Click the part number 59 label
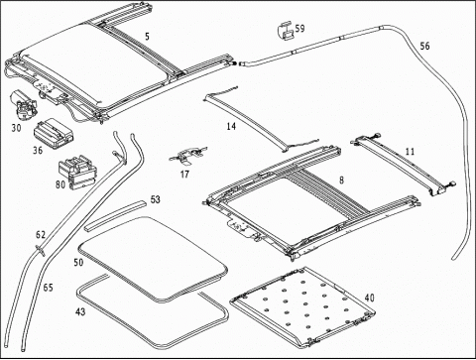[x=299, y=29]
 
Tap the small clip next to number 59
[x=287, y=31]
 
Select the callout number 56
[x=424, y=46]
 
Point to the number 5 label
[x=147, y=37]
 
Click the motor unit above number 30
[x=23, y=104]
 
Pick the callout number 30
[x=16, y=128]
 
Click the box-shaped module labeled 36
[x=54, y=133]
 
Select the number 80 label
[x=60, y=184]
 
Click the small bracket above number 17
[x=187, y=156]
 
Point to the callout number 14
[x=231, y=126]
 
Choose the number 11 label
[x=410, y=152]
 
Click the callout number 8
[x=341, y=180]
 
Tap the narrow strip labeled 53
[x=115, y=215]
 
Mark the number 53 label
[x=155, y=199]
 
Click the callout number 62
[x=41, y=235]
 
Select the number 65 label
[x=48, y=288]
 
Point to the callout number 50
[x=78, y=263]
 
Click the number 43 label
[x=80, y=311]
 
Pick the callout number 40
[x=370, y=298]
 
